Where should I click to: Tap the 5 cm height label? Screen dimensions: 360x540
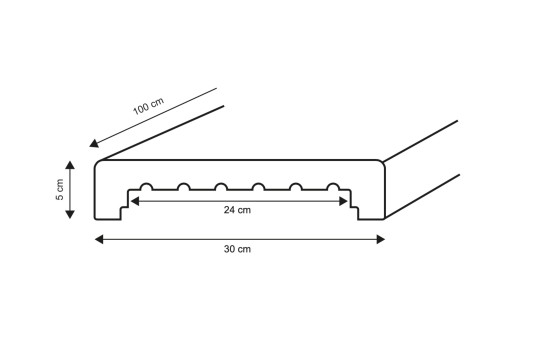pyautogui.click(x=59, y=191)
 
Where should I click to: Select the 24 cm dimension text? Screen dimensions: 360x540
pyautogui.click(x=237, y=211)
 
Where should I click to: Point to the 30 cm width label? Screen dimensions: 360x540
pyautogui.click(x=238, y=249)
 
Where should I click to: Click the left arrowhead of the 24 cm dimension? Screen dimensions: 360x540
pyautogui.click(x=134, y=200)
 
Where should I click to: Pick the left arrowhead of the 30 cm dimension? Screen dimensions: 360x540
pyautogui.click(x=100, y=238)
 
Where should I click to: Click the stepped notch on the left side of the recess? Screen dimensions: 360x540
pyautogui.click(x=124, y=207)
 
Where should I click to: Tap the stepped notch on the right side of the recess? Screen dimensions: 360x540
pyautogui.click(x=354, y=207)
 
